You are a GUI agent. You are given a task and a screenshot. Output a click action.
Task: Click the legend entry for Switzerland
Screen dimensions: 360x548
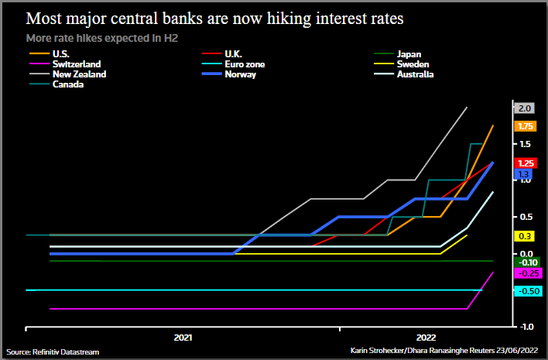point(77,64)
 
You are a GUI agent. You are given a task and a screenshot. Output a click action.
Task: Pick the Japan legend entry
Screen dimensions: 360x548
point(408,54)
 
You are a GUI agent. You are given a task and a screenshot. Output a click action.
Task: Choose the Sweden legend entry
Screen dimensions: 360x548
point(412,64)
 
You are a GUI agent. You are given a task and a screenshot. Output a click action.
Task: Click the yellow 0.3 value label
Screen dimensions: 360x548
point(523,236)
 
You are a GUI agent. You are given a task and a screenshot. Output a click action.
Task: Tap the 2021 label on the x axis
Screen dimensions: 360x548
point(183,338)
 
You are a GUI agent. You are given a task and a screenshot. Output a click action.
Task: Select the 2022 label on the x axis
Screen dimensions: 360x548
point(425,338)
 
